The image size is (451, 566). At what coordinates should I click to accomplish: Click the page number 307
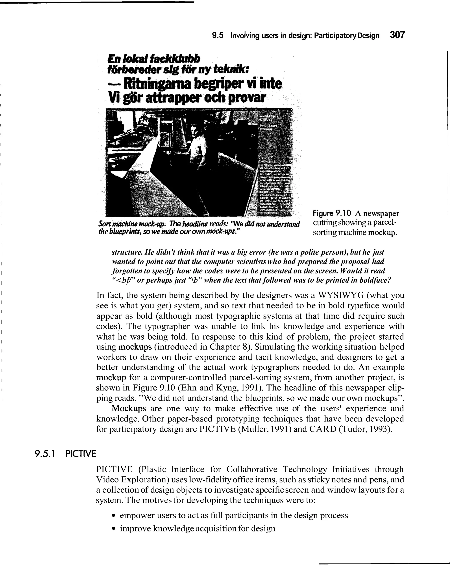point(397,35)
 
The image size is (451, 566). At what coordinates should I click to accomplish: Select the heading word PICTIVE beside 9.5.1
point(81,454)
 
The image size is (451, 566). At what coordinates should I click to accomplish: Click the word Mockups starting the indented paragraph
point(129,408)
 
